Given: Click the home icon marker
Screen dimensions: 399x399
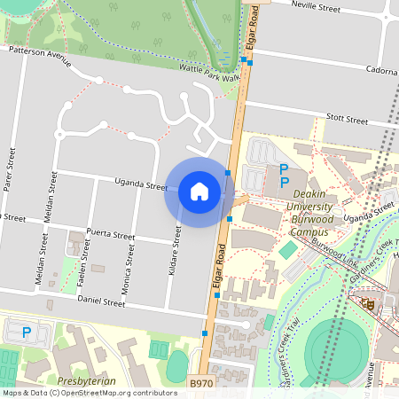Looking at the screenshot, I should point(199,191).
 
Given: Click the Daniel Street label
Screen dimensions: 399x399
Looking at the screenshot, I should point(101,302).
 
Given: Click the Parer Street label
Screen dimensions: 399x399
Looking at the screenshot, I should point(11,169).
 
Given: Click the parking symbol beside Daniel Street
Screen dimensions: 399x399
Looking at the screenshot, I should point(27,332).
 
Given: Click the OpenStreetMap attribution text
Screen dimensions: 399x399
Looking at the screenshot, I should point(90,392).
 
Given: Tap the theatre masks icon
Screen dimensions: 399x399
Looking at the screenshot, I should point(365,304).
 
